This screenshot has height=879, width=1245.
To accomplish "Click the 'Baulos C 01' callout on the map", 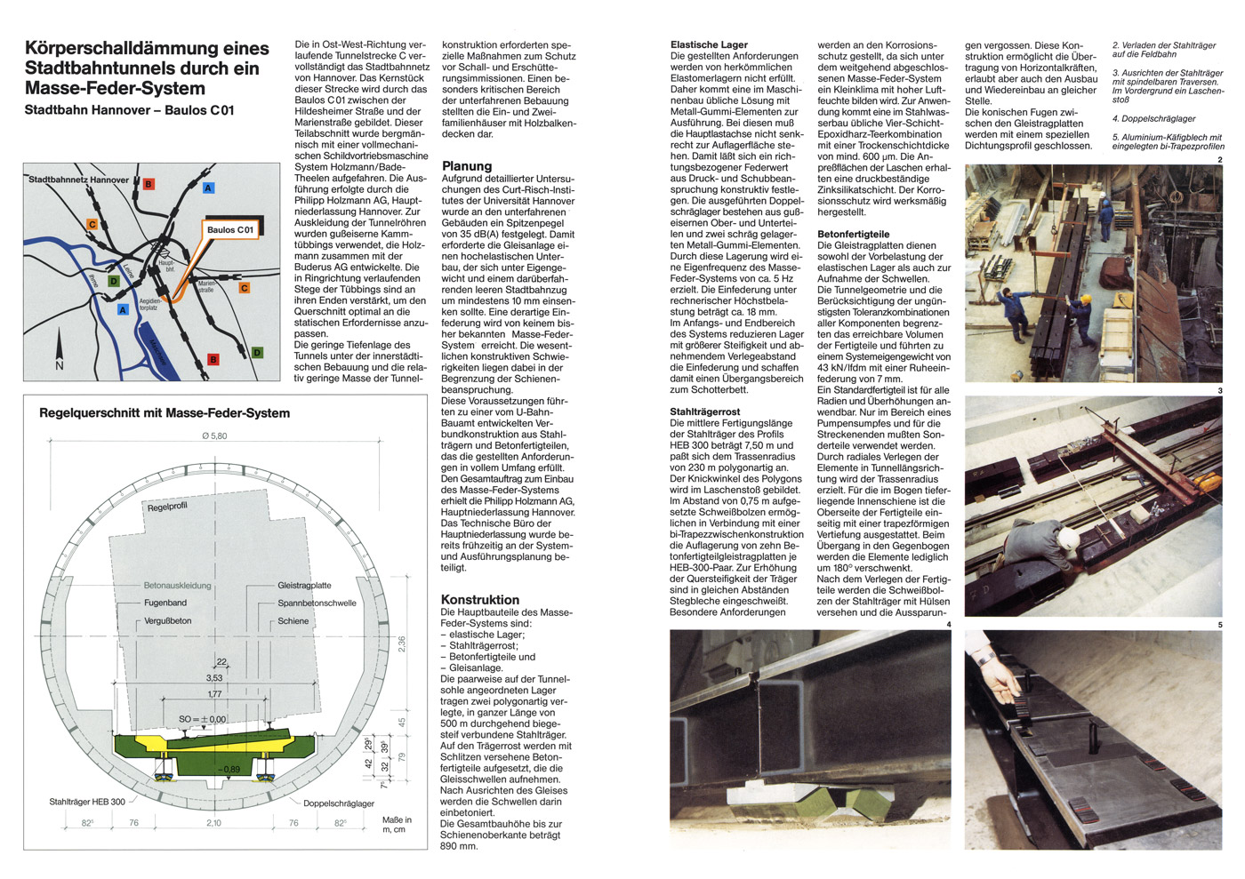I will tap(230, 229).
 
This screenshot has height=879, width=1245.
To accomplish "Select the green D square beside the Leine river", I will tap(113, 282).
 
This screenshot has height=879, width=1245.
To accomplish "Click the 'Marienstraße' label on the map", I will tap(206, 286).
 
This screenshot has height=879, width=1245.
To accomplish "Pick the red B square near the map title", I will tap(149, 185).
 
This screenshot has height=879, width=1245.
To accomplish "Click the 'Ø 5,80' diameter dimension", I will tap(213, 436).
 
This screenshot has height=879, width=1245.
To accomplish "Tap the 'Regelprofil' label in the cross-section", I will tap(167, 507).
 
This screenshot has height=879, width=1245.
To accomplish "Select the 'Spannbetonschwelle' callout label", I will tap(317, 603).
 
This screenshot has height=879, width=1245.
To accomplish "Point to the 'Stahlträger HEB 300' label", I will tap(87, 802).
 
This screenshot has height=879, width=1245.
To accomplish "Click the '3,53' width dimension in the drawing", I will tap(214, 678).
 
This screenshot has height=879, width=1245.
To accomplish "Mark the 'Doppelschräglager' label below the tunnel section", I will tap(339, 803).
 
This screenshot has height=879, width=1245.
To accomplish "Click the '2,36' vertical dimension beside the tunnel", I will tap(402, 644).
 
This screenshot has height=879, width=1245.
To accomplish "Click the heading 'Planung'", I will tap(466, 166).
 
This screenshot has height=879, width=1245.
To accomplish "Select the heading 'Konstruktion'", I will tap(480, 600).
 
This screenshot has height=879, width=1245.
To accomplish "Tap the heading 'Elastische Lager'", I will tap(709, 44).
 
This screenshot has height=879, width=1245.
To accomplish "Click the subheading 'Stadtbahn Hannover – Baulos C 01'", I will tap(129, 110).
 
